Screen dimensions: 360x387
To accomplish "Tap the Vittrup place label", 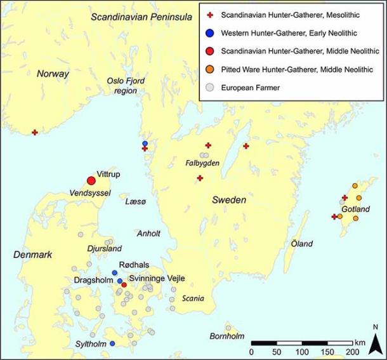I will click(x=108, y=173).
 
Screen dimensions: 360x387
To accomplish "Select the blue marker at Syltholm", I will click(x=112, y=343).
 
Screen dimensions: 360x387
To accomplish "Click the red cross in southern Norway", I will click(x=36, y=132).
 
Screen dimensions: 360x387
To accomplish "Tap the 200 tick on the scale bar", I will click(x=351, y=352).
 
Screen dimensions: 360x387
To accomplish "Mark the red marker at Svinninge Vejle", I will click(x=124, y=284).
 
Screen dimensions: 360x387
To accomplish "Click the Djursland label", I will click(x=104, y=250).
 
